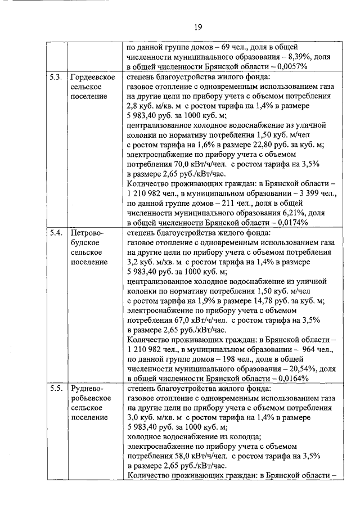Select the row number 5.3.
[x=55, y=77]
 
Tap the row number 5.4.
[x=55, y=232]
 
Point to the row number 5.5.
[x=55, y=388]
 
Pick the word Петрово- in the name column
[x=88, y=232]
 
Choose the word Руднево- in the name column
[x=88, y=388]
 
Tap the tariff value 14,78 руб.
[x=272, y=300]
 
